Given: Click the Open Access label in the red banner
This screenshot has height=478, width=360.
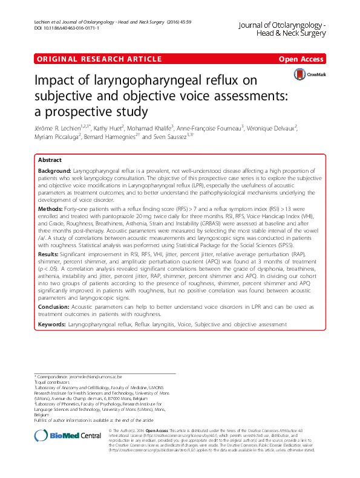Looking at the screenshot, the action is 301,59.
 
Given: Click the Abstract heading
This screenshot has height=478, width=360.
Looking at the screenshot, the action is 50,160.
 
